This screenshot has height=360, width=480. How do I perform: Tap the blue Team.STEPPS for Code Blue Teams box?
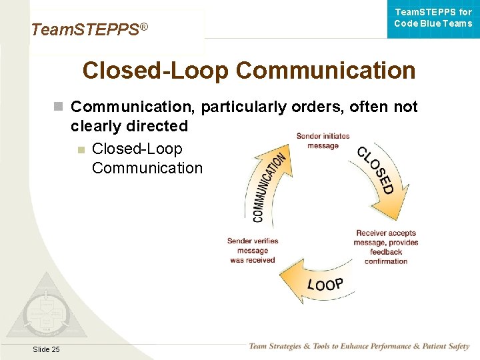[433, 18]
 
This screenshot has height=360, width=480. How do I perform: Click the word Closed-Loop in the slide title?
[156, 70]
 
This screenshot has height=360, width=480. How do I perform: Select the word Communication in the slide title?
[325, 70]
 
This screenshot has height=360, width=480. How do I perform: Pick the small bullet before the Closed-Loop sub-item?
[81, 149]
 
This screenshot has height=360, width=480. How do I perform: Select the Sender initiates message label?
[323, 141]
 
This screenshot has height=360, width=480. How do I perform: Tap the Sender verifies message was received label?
[253, 251]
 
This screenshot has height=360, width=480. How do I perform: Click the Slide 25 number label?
[45, 349]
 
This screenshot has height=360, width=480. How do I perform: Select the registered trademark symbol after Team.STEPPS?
[143, 26]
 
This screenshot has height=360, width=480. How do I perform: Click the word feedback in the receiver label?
[386, 252]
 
